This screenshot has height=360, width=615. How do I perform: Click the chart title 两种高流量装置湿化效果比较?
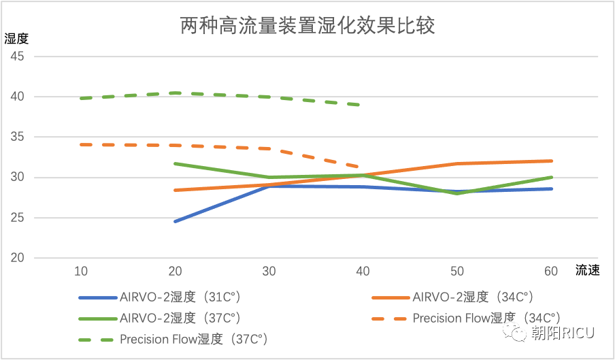(x=307, y=26)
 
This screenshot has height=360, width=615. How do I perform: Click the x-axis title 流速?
(x=587, y=271)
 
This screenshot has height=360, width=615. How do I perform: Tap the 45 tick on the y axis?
(x=17, y=56)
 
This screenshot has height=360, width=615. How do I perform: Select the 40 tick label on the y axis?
(x=17, y=97)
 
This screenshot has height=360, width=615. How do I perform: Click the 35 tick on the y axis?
(x=17, y=137)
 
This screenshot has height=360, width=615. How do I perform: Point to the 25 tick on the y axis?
(x=17, y=218)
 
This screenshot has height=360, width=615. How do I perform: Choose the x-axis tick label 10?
(x=81, y=272)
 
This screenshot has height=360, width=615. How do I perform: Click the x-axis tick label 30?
(x=269, y=272)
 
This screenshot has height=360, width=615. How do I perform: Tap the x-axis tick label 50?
(x=457, y=272)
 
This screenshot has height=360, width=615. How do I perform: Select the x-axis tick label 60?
(x=551, y=272)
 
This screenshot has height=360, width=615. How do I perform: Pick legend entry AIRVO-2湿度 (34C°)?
(x=472, y=297)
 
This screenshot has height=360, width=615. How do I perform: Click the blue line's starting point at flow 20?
(x=176, y=221)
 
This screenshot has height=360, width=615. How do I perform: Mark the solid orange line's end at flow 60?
(x=551, y=161)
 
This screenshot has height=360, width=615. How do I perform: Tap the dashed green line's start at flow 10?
(x=81, y=98)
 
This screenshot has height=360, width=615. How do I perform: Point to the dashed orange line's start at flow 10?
(x=81, y=144)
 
